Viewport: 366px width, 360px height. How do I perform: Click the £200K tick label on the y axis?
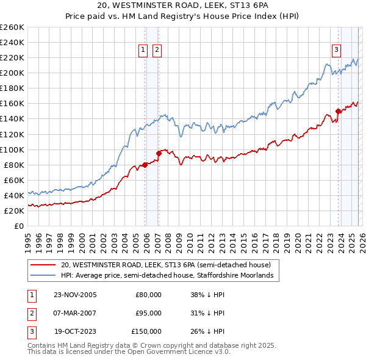[12, 73]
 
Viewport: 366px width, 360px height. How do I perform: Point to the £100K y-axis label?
[12, 149]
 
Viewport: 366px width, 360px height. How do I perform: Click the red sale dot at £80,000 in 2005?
[145, 165]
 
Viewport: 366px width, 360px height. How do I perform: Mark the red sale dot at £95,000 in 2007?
[159, 153]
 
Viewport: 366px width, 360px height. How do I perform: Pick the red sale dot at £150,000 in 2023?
[338, 111]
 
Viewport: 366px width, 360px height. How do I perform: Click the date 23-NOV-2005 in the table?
[75, 295]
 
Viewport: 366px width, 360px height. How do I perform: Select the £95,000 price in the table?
[148, 313]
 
